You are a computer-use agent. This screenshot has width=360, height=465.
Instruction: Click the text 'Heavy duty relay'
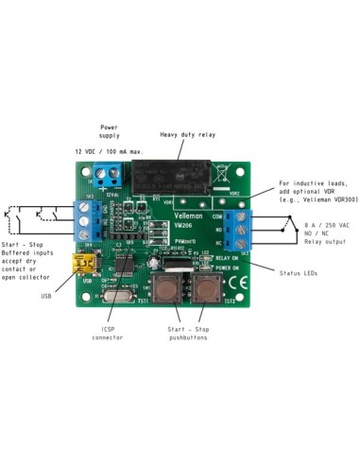(x=187, y=135)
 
